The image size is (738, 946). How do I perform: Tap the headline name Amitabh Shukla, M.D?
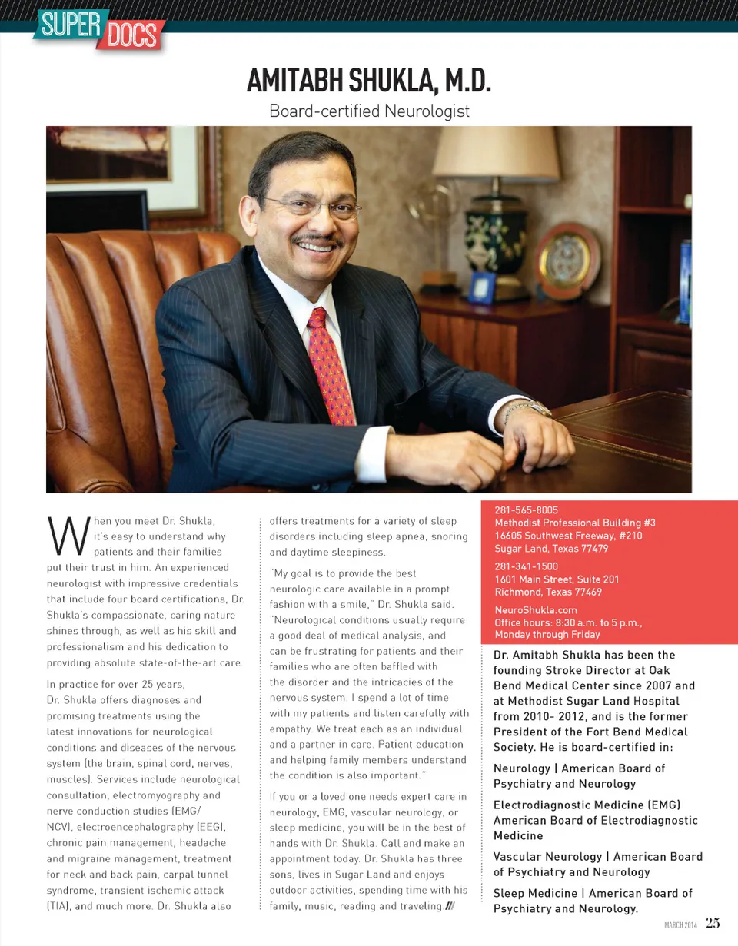(x=368, y=81)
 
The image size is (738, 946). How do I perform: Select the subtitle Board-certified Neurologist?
(x=369, y=111)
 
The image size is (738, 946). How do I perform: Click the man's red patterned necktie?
(x=331, y=364)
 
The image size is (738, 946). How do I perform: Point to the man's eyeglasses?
(x=313, y=206)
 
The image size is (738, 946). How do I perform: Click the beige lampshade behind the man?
(x=496, y=154)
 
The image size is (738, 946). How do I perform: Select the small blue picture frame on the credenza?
(x=482, y=288)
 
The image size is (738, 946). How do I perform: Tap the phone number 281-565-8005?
(x=527, y=510)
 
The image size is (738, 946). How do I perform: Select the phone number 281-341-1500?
(x=527, y=566)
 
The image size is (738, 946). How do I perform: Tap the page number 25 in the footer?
(x=713, y=923)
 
